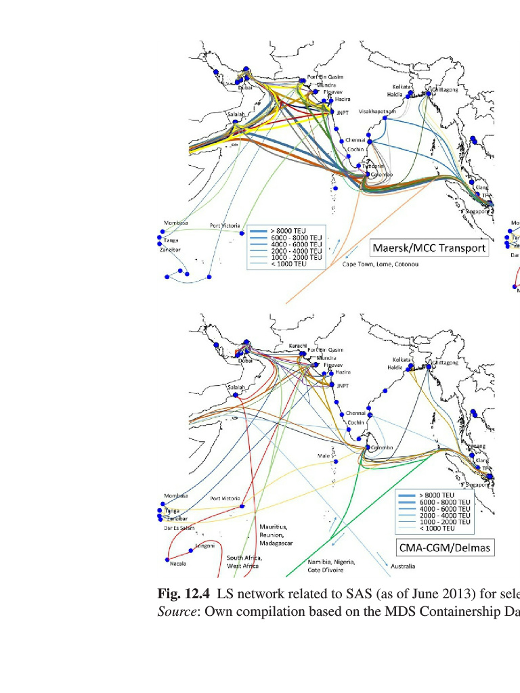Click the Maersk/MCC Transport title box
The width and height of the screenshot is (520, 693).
[428, 248]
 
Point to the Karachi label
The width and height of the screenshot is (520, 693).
[299, 345]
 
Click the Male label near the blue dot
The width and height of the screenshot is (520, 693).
[324, 456]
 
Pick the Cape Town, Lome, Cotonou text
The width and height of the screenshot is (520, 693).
[380, 264]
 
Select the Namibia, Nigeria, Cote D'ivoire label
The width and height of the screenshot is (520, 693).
[332, 566]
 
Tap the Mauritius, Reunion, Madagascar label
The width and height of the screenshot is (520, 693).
[276, 535]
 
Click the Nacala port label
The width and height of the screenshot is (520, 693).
[178, 563]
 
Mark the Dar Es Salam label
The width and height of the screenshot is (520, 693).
[179, 527]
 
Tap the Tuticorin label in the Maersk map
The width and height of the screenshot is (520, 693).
[373, 166]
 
